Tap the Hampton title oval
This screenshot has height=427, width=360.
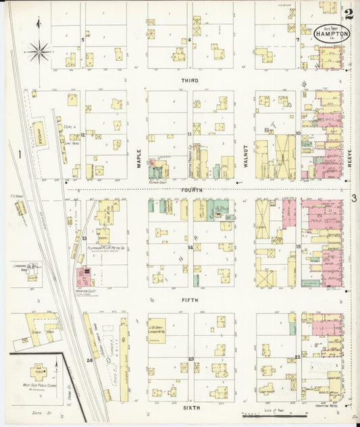click(x=332, y=33)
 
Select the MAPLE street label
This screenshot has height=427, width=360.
click(x=139, y=157)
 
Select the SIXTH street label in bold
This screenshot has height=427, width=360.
click(x=190, y=409)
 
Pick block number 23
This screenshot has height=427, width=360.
click(x=191, y=359)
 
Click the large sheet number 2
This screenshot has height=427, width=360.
click(x=348, y=13)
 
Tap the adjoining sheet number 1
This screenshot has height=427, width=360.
click(x=20, y=155)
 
